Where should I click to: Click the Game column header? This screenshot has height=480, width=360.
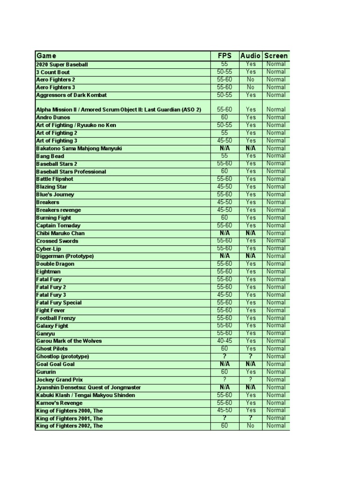point(46,56)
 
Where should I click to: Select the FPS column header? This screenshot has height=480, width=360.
point(225,56)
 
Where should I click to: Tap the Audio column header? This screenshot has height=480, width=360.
point(250,56)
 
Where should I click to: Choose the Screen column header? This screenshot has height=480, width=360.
point(276,56)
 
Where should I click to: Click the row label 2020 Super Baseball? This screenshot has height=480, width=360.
point(62,64)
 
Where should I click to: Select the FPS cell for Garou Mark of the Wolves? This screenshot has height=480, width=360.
point(225,341)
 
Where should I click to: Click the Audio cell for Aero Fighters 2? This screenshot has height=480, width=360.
point(250,80)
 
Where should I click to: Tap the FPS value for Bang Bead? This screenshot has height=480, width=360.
point(225,156)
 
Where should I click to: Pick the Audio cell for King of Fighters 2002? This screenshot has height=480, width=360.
point(250,426)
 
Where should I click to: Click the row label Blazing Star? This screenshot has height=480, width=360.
point(52,187)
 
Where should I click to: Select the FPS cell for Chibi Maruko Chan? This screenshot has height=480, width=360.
point(225,233)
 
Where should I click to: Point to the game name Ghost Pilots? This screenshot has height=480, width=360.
point(52,349)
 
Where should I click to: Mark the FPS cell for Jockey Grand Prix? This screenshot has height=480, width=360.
point(225,380)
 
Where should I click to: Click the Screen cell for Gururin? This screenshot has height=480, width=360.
point(276,372)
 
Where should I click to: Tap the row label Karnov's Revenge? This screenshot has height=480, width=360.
point(59,403)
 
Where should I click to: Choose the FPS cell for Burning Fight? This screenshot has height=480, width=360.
point(225,217)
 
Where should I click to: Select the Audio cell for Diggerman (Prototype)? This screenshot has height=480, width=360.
point(250,256)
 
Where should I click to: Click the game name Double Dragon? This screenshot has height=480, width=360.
point(55,264)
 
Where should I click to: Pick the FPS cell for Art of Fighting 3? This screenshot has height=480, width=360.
point(225,141)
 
